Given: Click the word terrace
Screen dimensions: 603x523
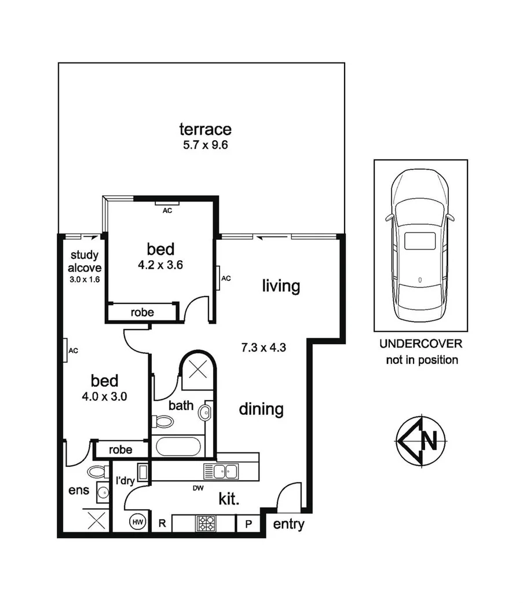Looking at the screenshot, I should tap(205, 129).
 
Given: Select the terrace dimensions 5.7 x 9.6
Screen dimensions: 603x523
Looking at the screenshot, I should tap(205, 145).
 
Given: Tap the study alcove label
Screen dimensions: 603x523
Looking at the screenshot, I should tap(86, 261).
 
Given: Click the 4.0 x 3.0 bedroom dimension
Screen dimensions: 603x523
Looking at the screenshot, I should tap(105, 397).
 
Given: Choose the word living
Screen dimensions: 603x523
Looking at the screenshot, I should tap(281, 286).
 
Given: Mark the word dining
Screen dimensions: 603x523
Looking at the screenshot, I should tap(261, 409).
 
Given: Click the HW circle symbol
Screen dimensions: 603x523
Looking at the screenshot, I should tap(138, 522).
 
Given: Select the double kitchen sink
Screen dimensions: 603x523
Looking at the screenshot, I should tap(222, 471).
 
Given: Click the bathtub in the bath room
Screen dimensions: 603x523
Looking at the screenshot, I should tap(178, 447).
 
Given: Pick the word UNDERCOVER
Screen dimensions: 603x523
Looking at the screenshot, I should tap(420, 343).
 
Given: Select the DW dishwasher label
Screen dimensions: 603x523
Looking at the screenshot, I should tap(199, 488).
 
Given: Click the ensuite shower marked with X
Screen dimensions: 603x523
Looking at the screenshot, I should tap(96, 520).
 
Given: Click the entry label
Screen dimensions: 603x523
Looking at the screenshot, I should tap(288, 525).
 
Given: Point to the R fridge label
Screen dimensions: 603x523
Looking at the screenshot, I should tap(163, 523).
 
